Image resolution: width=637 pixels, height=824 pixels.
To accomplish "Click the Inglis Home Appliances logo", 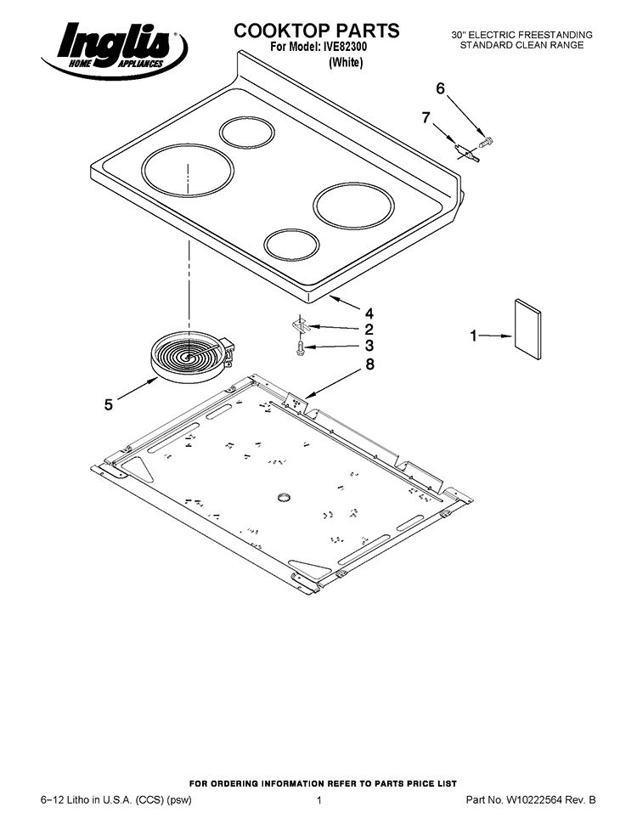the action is [114, 51].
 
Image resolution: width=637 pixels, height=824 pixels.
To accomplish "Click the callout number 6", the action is [441, 89].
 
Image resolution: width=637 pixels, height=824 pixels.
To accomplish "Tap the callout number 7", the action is [426, 118].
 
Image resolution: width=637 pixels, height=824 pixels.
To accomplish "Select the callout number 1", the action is [474, 336].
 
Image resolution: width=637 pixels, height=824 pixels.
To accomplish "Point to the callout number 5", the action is [108, 404].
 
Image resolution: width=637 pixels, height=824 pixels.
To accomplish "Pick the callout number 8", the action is [370, 364].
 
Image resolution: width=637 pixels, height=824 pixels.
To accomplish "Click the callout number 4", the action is [369, 313].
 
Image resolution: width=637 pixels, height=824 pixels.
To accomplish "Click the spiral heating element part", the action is [192, 356].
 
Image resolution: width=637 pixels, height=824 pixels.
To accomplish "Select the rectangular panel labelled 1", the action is [527, 330].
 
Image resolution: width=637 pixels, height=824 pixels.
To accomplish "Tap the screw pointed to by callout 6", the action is [486, 142].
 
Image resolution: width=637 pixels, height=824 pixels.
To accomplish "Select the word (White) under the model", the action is [346, 63].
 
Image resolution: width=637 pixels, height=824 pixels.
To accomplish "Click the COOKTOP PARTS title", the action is [317, 31].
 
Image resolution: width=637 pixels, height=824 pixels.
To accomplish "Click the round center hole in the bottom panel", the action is [285, 496].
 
